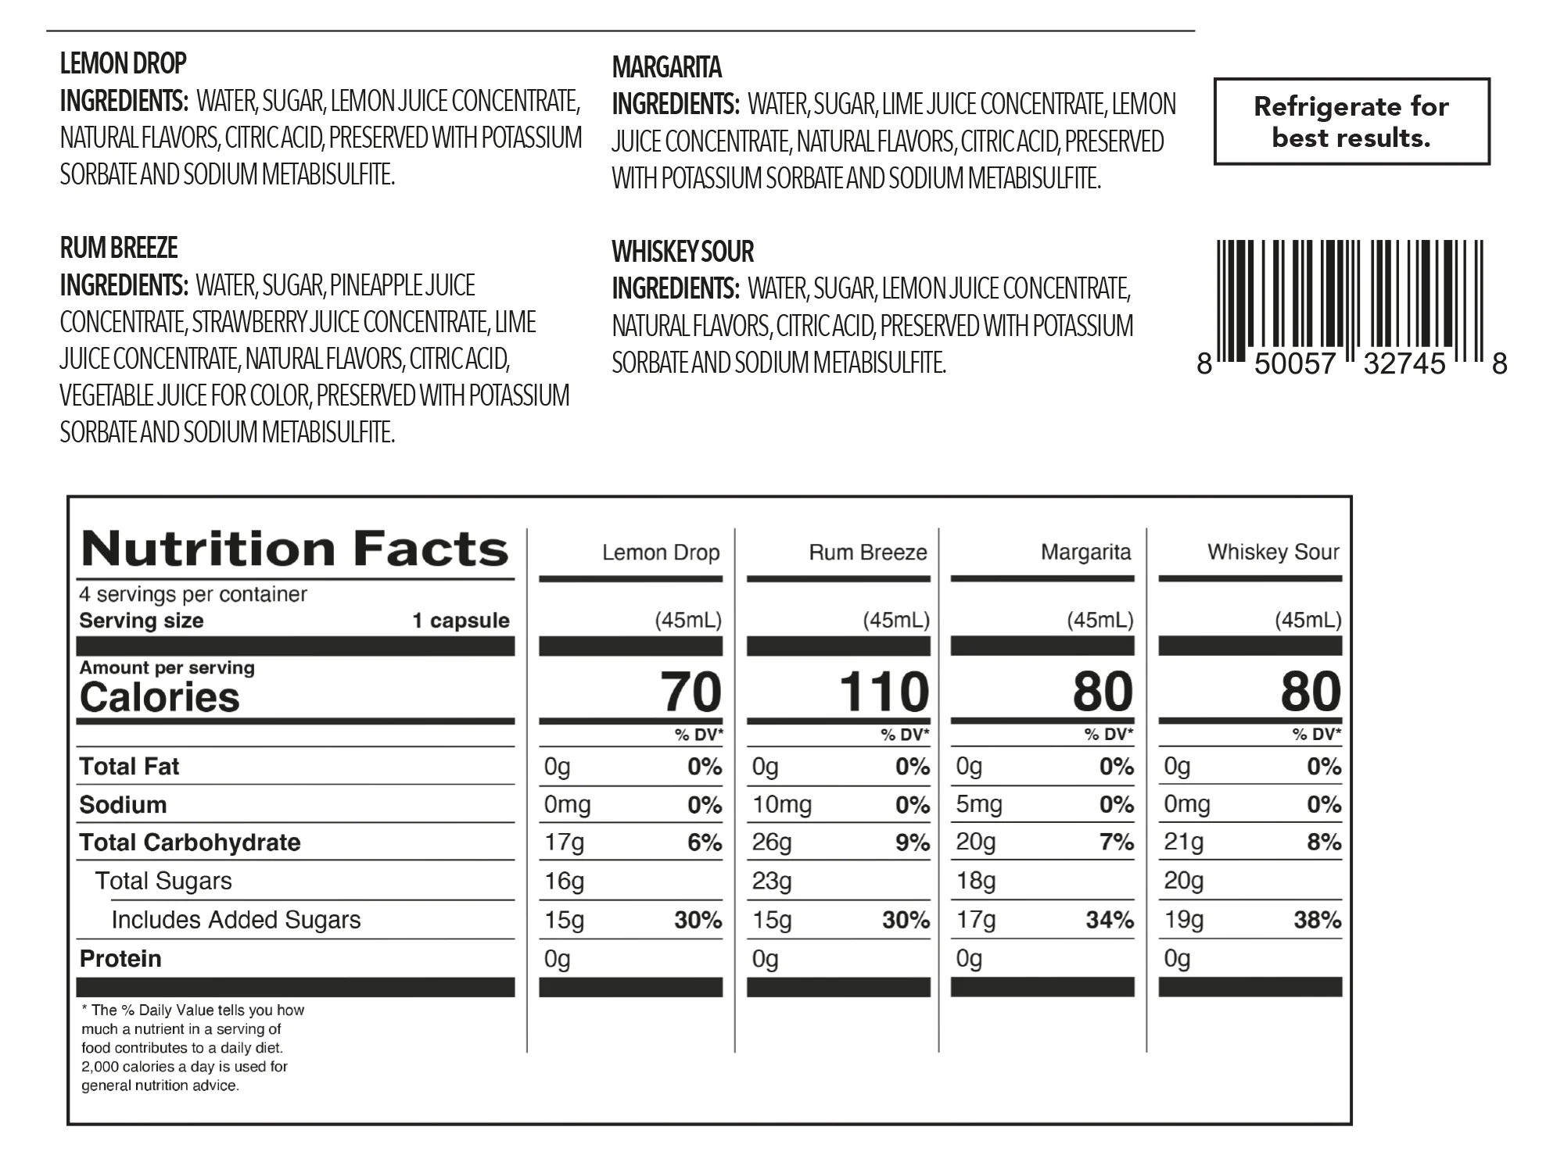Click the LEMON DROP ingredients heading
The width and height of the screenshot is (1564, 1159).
[x=124, y=63]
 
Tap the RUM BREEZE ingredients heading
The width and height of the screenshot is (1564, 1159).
[x=119, y=248]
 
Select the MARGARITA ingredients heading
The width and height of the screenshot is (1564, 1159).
[x=666, y=68]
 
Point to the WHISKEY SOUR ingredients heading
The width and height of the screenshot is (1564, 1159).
[x=683, y=252]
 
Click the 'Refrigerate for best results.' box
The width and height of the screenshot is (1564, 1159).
[x=1351, y=122]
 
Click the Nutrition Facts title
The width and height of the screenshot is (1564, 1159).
[x=295, y=549]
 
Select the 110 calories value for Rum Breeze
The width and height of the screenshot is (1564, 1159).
[x=884, y=692]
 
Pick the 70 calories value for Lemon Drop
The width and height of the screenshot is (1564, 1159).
[x=691, y=692]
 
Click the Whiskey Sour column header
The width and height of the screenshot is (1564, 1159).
[x=1273, y=553]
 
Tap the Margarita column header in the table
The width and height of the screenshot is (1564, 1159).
[x=1085, y=553]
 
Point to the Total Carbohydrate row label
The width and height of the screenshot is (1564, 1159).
[x=190, y=842]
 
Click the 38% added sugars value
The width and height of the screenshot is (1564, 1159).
[x=1317, y=920]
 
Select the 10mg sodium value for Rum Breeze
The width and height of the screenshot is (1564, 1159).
[x=782, y=805]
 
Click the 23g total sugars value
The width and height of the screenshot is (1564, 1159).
[x=772, y=882]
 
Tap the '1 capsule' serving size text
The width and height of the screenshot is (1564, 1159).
[x=461, y=621]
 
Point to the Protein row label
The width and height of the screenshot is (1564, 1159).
[x=120, y=959]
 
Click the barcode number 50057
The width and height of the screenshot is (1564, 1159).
[x=1295, y=364]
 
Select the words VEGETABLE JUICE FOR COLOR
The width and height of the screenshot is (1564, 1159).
[x=185, y=396]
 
